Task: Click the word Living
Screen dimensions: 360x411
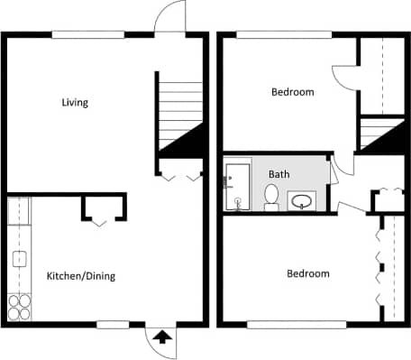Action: (75, 102)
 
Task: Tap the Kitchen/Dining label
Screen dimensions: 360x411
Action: (80, 276)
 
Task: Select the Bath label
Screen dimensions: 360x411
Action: (279, 174)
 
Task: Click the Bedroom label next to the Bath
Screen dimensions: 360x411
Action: (292, 92)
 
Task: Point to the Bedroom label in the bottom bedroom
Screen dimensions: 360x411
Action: (307, 273)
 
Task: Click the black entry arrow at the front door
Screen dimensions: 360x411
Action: (162, 338)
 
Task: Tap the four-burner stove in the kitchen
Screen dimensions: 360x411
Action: (19, 307)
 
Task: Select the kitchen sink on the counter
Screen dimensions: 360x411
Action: (18, 260)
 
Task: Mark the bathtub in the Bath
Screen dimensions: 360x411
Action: (238, 185)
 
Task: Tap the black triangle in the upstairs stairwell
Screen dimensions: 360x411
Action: (382, 138)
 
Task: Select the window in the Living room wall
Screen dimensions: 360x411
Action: (87, 35)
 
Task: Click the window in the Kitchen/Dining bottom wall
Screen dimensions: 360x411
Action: (114, 325)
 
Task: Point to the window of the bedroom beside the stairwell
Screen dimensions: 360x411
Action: (270, 35)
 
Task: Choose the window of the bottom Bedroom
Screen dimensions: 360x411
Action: (297, 325)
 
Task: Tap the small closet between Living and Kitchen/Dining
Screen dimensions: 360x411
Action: (104, 208)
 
